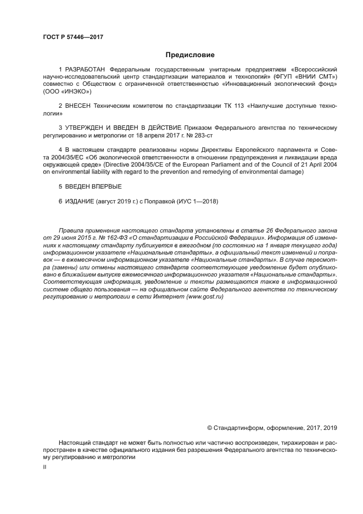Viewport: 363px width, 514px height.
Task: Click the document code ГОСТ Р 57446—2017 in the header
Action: [x=73, y=37]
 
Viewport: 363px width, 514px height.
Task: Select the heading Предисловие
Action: [x=190, y=55]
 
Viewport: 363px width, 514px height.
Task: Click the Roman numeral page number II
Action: [x=44, y=467]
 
